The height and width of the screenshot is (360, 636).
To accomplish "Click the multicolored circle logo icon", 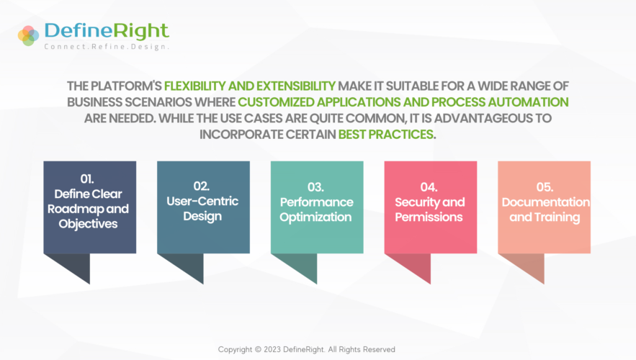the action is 28,36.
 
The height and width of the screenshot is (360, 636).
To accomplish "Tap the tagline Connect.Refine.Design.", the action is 107,47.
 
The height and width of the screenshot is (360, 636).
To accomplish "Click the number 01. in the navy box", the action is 87,179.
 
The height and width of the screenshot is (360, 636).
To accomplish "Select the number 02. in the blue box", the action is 201,186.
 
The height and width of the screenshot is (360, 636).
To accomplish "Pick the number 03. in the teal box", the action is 315,187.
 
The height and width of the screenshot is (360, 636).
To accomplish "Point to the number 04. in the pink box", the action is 429,187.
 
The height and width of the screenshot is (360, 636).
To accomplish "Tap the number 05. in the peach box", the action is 545,187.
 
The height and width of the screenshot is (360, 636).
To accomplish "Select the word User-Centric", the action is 202,201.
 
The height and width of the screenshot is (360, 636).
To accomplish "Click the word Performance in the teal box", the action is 316,202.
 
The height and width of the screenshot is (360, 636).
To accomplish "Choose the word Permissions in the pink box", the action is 429,217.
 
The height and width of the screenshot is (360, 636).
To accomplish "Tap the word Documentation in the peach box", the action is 546,202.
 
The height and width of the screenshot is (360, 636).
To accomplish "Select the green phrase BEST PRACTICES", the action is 386,134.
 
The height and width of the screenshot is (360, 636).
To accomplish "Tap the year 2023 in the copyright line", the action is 272,349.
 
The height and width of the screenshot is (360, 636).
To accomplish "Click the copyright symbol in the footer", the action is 258,349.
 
